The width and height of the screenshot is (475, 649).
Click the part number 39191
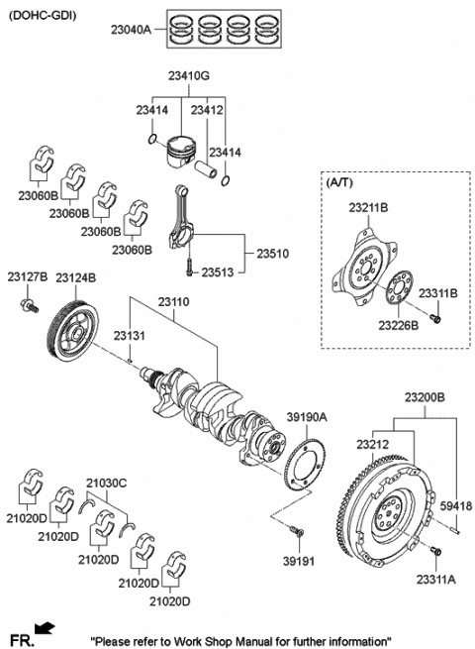297,560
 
